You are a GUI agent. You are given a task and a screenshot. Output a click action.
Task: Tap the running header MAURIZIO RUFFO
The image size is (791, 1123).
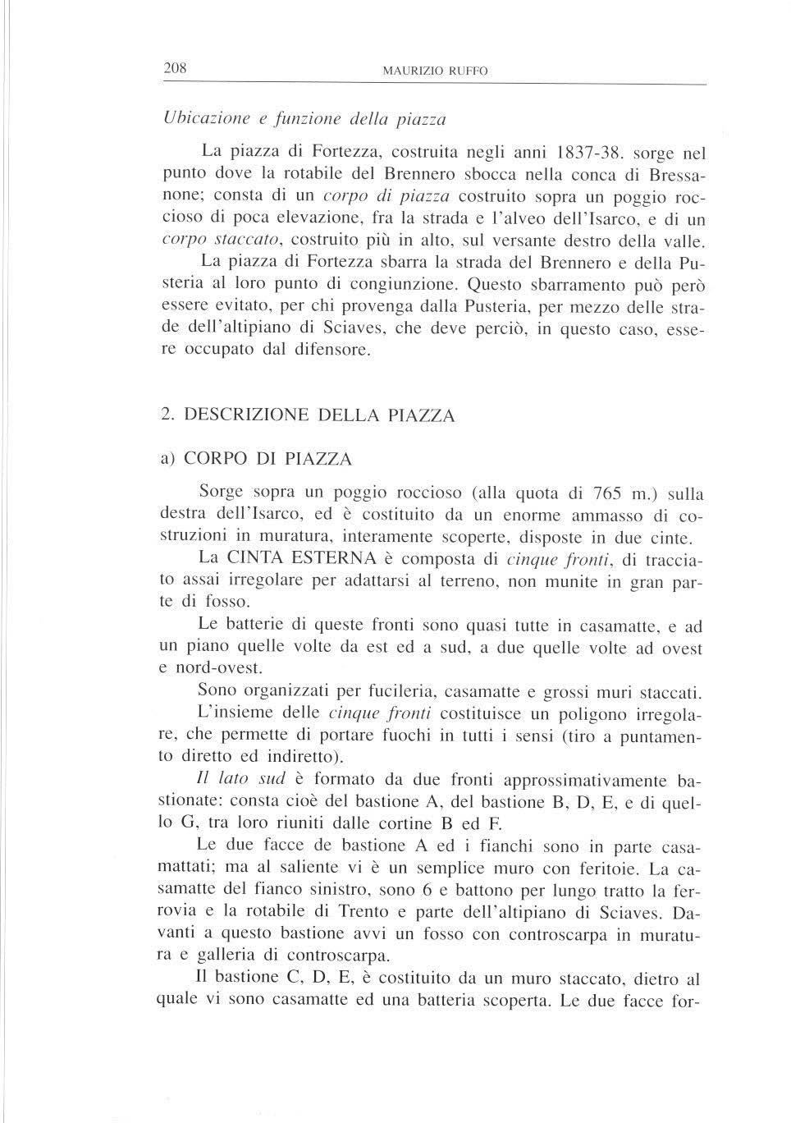[x=435, y=71]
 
